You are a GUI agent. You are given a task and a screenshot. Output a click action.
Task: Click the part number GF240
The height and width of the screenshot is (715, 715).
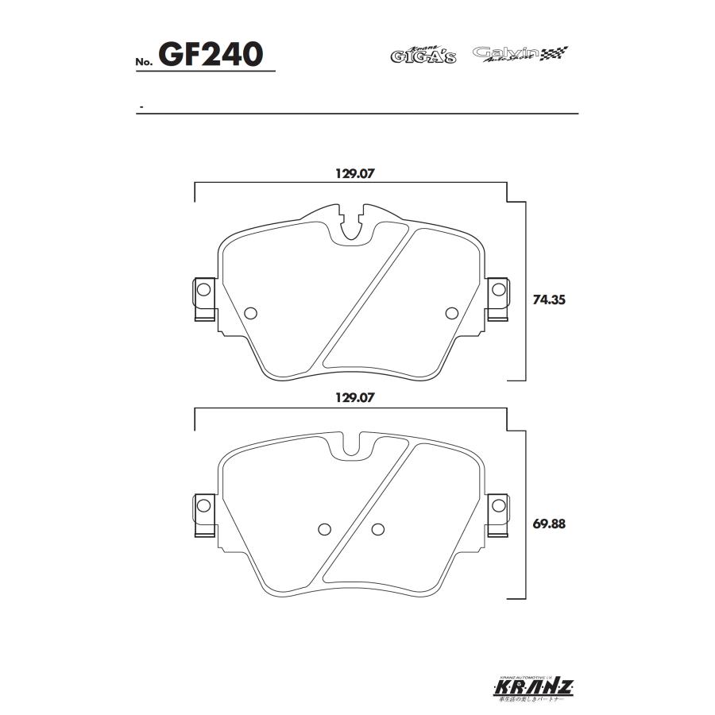coord(211,54)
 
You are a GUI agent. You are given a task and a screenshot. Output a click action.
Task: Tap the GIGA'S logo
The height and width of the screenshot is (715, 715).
coord(423,56)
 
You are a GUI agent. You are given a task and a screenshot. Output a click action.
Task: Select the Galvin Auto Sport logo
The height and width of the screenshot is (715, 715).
coord(520,54)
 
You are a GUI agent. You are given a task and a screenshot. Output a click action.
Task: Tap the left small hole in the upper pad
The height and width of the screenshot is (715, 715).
coord(252,312)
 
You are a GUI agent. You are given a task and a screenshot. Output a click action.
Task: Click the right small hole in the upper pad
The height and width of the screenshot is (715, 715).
coord(452,312)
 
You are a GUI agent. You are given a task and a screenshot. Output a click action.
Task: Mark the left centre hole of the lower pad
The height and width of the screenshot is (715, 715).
coord(323,529)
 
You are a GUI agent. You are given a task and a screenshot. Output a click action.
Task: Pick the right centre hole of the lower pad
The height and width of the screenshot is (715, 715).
coord(377,529)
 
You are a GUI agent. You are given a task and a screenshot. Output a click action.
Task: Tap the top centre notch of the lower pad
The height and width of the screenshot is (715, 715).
coord(350,444)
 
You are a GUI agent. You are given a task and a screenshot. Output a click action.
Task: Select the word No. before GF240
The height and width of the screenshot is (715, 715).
coord(144,62)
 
